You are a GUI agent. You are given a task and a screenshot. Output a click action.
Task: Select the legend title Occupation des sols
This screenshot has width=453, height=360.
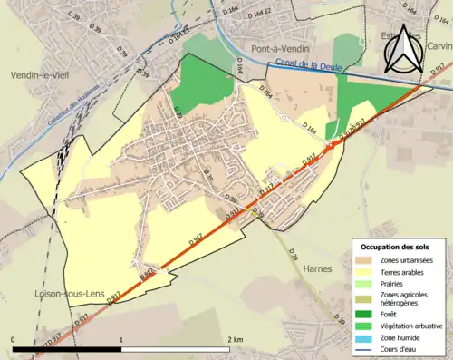[395, 247]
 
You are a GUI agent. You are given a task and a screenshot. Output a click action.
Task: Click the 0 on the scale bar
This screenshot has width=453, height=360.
[14, 338]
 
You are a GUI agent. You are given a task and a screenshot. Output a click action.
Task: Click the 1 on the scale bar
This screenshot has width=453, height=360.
[121, 338]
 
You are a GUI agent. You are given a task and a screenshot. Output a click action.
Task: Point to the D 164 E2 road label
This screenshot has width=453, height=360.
[263, 13]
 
